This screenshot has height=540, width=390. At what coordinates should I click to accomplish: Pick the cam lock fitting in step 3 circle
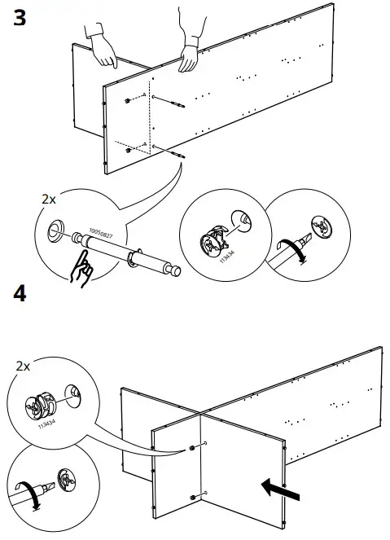(213, 239)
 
